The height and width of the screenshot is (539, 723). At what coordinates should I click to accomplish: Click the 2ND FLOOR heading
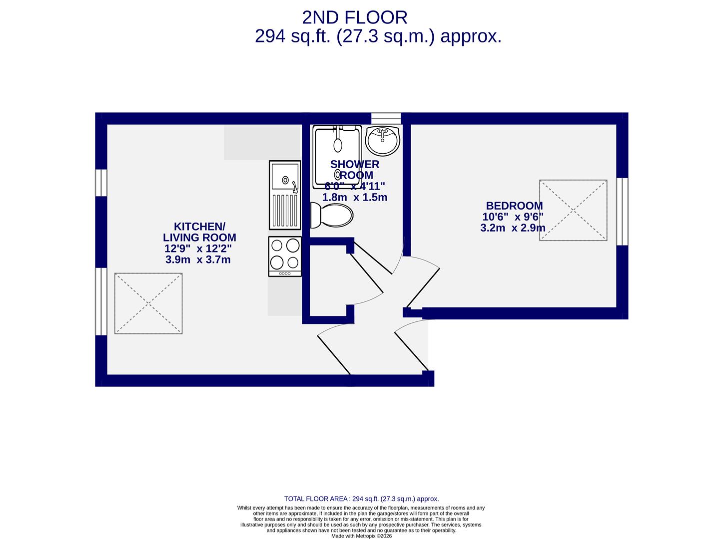(x=355, y=17)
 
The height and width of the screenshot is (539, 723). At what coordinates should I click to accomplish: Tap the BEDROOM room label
(x=514, y=206)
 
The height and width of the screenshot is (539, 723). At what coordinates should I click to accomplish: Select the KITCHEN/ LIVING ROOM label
(x=199, y=232)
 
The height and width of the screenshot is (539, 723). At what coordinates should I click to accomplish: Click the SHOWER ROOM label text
(x=355, y=170)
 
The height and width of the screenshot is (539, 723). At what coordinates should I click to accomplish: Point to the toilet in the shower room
(x=331, y=215)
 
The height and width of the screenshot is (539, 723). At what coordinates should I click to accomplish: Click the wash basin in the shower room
(x=382, y=140)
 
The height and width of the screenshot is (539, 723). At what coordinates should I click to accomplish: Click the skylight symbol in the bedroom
(x=573, y=210)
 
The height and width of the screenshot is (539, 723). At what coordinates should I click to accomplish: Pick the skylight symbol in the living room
(x=148, y=303)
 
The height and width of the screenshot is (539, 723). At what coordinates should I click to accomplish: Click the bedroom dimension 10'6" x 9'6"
(x=513, y=217)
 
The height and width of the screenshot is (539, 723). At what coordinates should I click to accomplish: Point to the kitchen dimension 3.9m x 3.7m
(x=198, y=260)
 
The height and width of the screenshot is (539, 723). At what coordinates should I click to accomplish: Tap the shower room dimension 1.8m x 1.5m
(x=355, y=197)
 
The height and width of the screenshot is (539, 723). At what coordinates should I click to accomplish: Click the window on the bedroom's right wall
(x=622, y=212)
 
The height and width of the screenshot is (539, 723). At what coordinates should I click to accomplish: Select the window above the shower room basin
(x=386, y=118)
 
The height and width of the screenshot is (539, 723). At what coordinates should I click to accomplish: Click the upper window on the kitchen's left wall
(x=101, y=183)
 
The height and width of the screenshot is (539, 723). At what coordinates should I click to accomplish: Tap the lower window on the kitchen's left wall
(x=101, y=301)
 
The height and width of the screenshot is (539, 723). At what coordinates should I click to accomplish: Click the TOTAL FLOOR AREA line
(x=361, y=499)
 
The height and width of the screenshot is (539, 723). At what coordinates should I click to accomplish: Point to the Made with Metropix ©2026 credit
(x=361, y=536)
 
